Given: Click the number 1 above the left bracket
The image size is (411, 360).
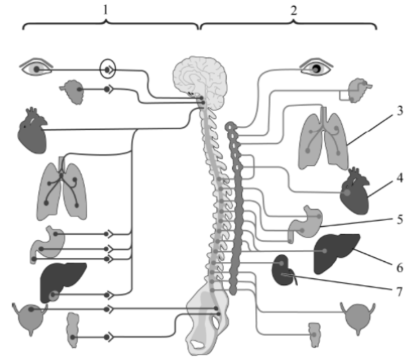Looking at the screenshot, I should click(106, 10).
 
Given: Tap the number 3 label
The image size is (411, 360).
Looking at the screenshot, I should click(400, 111).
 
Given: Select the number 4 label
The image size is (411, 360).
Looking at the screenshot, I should click(400, 178).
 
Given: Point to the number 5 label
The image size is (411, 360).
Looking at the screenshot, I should click(400, 219).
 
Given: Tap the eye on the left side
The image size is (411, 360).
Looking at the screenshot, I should click(37, 69).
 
